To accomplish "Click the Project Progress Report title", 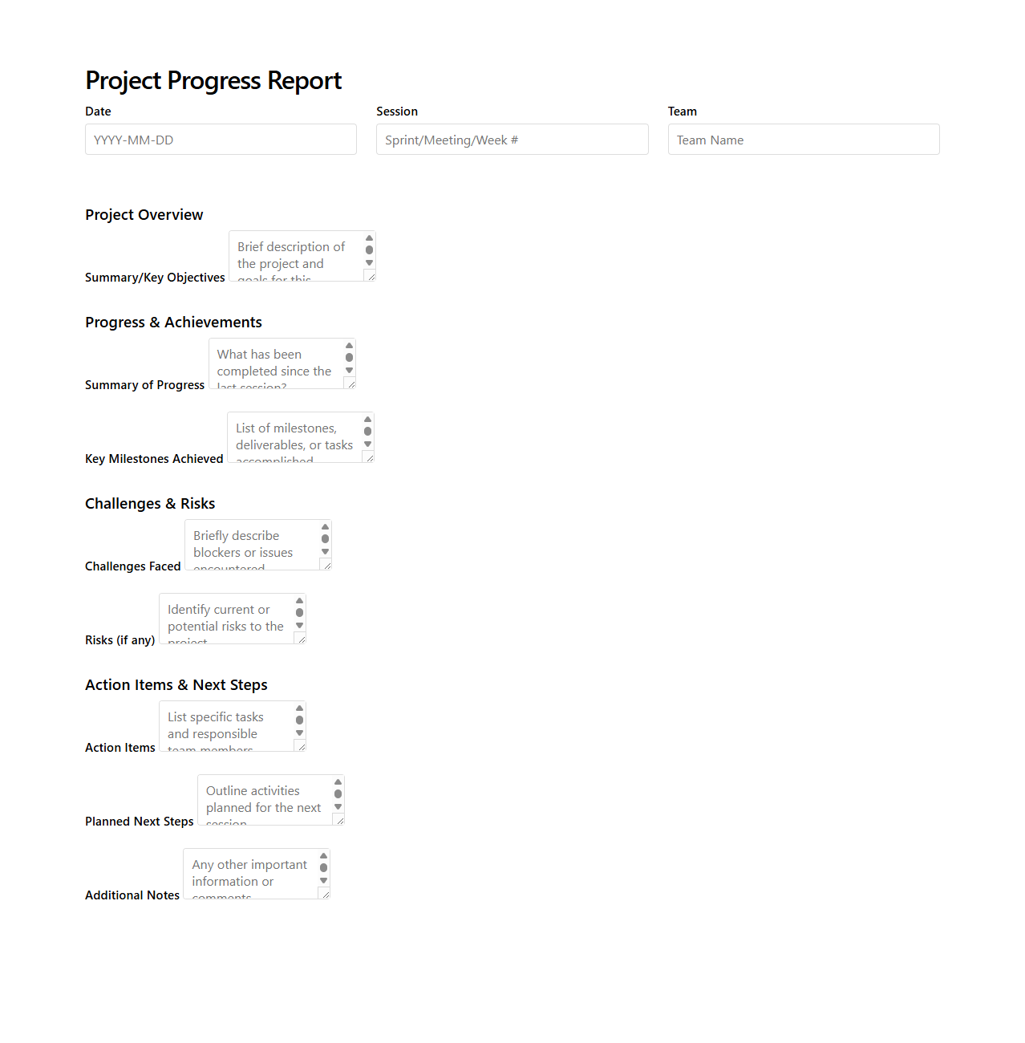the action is coord(213,81).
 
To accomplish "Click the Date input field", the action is coord(221,140).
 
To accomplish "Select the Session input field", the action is coord(512,140).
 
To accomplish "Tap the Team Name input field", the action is coord(803,140).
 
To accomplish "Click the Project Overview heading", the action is coord(144,215).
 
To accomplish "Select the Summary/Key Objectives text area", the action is coord(295,256).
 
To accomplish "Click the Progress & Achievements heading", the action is coord(173,323).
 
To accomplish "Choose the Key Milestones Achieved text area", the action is coord(294,437).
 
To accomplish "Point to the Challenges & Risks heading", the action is coord(150,504).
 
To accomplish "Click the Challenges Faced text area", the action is coord(251,545).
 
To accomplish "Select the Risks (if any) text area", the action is coord(225,619).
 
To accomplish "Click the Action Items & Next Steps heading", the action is coord(176,685).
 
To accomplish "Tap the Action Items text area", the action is coord(225,726).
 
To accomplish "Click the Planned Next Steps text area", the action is coord(264,800).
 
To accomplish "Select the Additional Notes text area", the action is coord(249,874).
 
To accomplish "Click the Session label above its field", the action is coord(397,112).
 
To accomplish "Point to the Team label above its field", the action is coord(683,112).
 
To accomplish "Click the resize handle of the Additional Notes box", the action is coord(325,894).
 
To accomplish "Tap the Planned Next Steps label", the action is coord(140,822).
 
